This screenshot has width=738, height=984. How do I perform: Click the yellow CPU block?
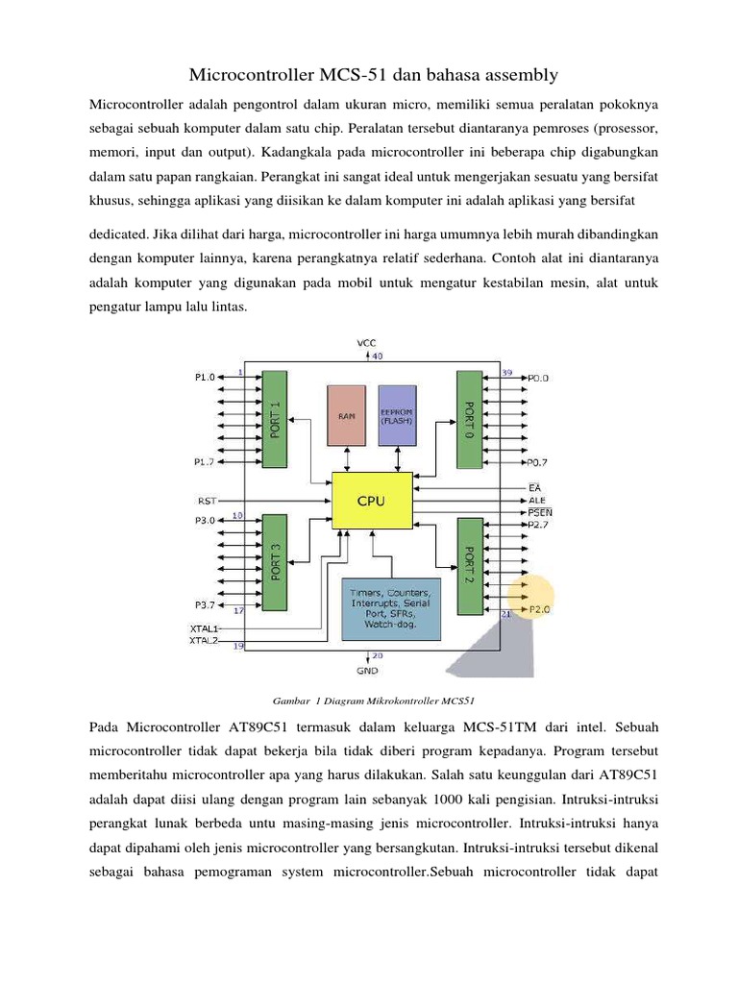pos(372,500)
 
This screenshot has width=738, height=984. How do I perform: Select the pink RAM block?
pos(346,415)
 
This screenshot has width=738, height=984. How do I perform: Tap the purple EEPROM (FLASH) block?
pos(397,415)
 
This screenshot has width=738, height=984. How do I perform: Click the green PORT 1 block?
pos(274,418)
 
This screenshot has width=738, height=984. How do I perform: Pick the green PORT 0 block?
pos(468,418)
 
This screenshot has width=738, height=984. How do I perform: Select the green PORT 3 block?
pos(274,562)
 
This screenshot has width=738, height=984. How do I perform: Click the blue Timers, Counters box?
pos(391,608)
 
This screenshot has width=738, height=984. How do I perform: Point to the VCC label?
pos(367,343)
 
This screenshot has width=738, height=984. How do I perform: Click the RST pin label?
pos(207,500)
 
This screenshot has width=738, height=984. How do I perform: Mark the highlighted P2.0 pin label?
pos(538,609)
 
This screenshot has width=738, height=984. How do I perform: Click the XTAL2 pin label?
pos(205,639)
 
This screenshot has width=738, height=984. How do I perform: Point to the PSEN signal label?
pos(540,512)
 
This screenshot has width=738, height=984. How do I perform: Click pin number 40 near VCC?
pos(377,356)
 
